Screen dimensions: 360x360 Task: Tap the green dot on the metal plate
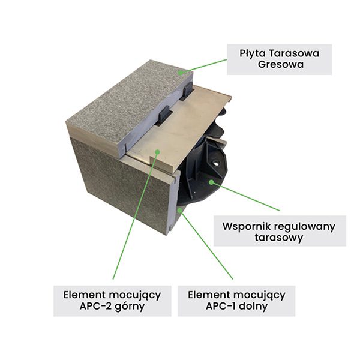[x=157, y=152]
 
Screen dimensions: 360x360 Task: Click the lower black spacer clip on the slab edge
[x=163, y=116]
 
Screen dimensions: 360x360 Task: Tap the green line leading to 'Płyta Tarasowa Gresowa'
[x=204, y=65]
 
